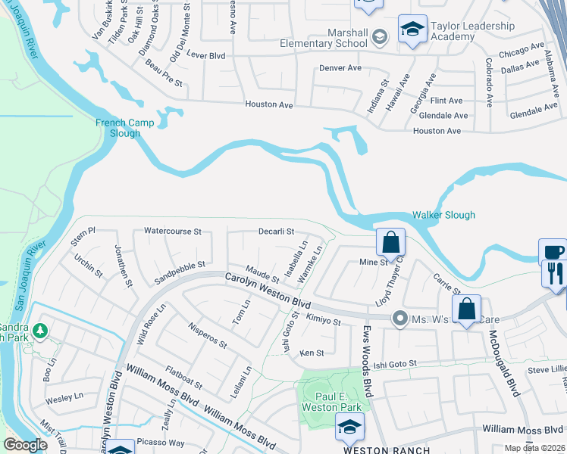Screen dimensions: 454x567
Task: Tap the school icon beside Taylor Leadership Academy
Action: (x=412, y=30)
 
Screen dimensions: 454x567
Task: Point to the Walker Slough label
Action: (x=443, y=215)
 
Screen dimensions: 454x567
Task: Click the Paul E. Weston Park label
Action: (x=337, y=402)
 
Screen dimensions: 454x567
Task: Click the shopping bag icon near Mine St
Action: (x=390, y=243)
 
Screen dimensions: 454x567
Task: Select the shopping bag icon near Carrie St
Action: (x=466, y=309)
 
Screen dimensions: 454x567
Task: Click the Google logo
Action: (x=25, y=445)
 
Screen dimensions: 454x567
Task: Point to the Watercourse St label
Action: (x=172, y=231)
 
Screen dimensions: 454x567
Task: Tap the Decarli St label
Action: (x=275, y=231)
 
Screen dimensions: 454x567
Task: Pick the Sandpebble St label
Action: (x=180, y=265)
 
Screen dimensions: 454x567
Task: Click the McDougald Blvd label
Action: (x=503, y=362)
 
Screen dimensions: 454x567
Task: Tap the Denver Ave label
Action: (x=340, y=68)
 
